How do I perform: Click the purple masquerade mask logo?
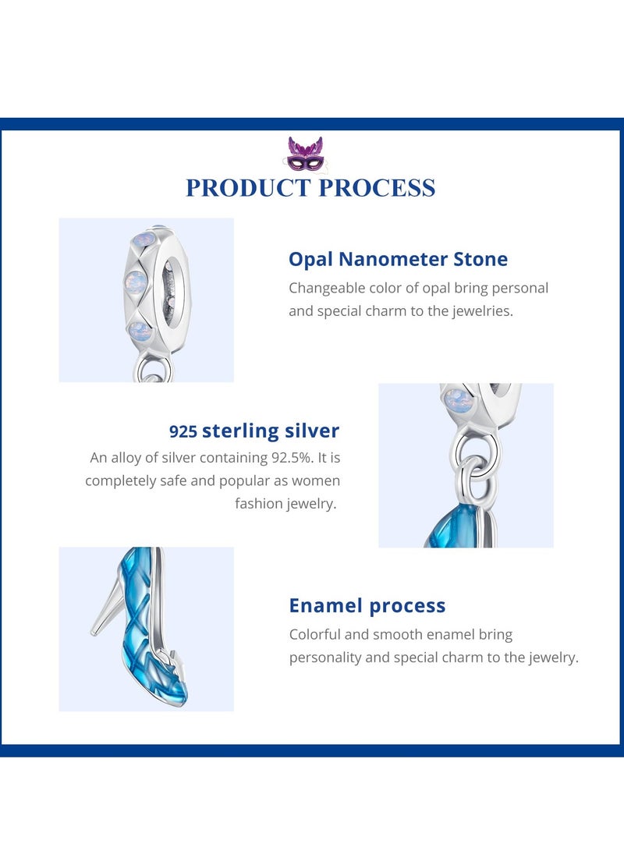(305, 154)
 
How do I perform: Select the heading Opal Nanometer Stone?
(398, 259)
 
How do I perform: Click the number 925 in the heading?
(183, 431)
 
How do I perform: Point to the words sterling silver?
(271, 431)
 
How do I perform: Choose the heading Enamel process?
(367, 605)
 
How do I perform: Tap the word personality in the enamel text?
(325, 658)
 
